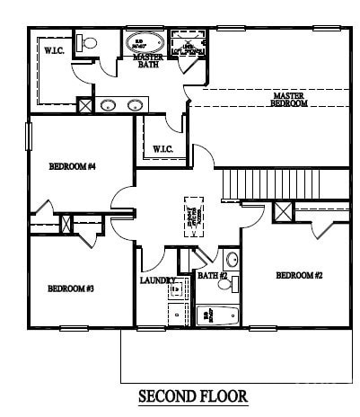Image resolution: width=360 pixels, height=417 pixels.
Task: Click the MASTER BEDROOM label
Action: coord(289,99)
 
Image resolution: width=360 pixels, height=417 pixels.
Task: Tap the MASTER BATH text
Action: coord(147,60)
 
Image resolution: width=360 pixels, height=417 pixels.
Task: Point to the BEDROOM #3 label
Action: coord(72,288)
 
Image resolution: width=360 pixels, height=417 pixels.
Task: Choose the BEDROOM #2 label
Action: coord(298,275)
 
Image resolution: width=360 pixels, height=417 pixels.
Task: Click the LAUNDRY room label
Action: coord(158,280)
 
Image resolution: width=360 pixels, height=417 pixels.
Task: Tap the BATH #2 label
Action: coord(212,275)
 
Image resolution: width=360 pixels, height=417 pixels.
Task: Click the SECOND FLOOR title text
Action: coord(192,395)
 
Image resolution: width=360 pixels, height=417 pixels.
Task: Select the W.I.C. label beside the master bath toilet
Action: coord(54,51)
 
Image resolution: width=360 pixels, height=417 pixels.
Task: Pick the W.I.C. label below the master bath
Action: coord(162,148)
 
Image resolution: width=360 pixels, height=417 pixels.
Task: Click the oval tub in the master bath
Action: coord(144,41)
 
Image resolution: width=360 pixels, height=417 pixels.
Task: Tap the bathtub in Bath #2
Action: coord(217,315)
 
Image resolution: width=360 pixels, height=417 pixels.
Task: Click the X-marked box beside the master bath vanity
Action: coord(84,105)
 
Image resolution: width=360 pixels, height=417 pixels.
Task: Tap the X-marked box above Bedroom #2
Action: coord(283,213)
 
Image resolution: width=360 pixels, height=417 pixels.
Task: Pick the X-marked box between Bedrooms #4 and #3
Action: coord(66,223)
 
